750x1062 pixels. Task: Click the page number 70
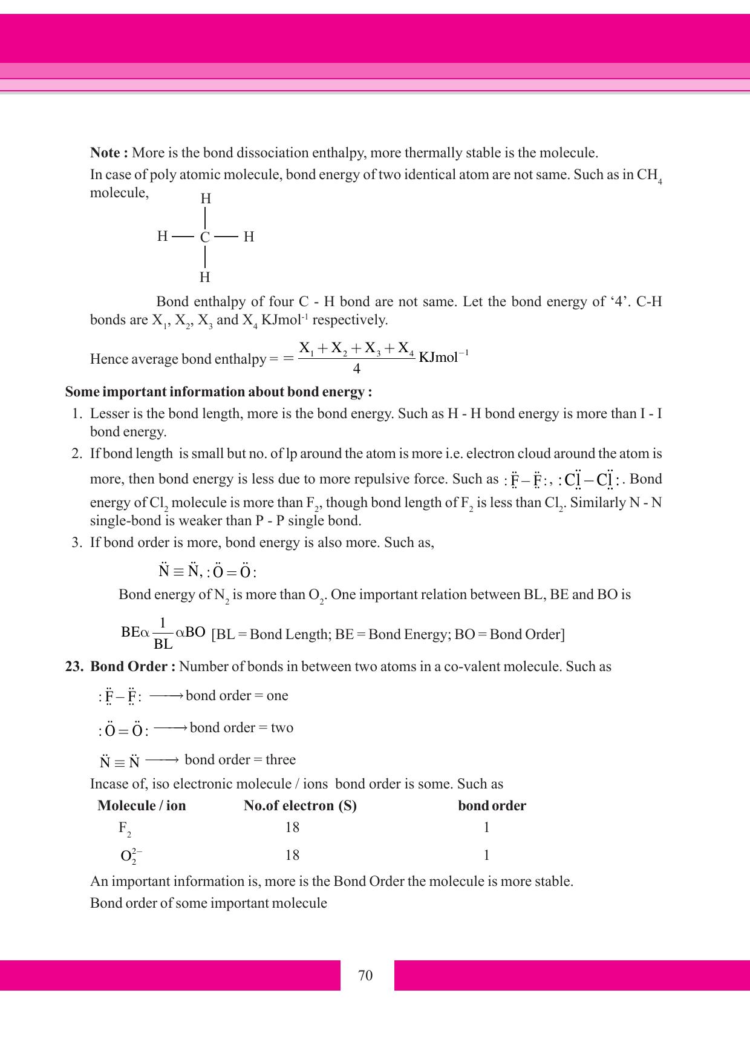[x=365, y=975]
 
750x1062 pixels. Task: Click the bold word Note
[x=105, y=152]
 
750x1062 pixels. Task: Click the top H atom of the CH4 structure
[x=206, y=198]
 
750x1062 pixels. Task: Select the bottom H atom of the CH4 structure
[x=205, y=277]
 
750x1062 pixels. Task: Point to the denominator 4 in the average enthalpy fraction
[x=356, y=369]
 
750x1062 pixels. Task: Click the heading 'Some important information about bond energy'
[x=218, y=392]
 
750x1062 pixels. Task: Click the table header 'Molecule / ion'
[x=142, y=806]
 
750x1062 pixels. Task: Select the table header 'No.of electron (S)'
[x=300, y=806]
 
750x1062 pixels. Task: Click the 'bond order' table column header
[x=492, y=806]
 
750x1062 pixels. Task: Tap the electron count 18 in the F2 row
[x=292, y=828]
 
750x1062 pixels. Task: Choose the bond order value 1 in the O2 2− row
[x=486, y=855]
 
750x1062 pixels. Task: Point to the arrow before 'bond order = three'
[x=161, y=759]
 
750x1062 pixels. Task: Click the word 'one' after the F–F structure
[x=277, y=696]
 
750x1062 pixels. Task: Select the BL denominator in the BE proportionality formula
[x=163, y=644]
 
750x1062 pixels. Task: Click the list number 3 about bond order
[x=77, y=542]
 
